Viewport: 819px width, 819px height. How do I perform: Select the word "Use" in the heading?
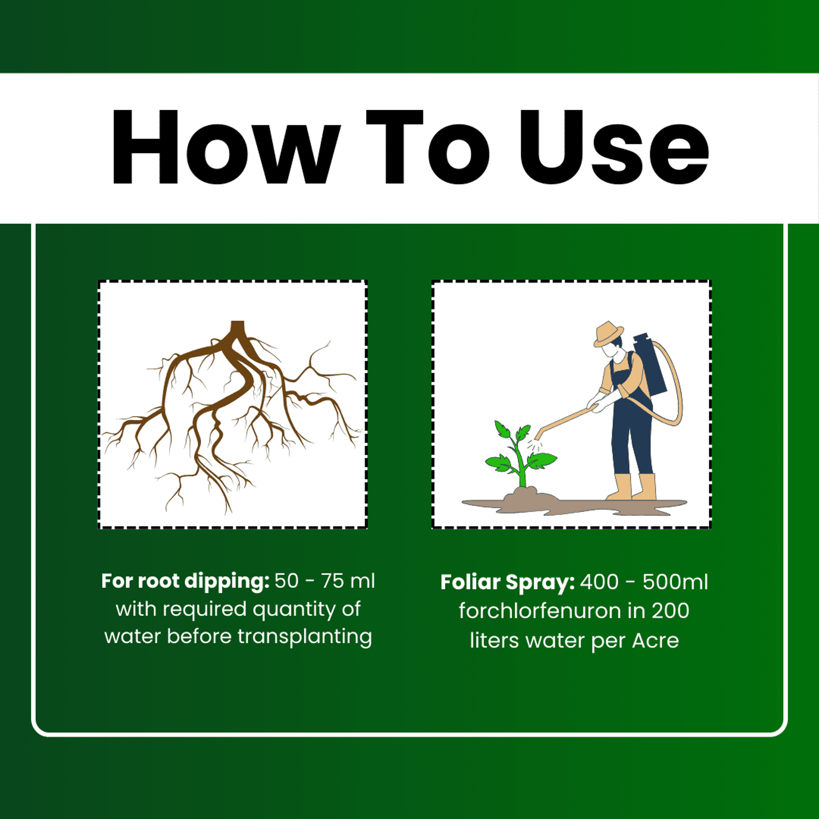click(x=614, y=148)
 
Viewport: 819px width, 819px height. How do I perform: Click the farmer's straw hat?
click(x=608, y=334)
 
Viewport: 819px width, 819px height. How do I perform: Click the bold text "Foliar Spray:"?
click(x=507, y=583)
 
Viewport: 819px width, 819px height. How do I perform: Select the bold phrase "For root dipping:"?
click(x=185, y=581)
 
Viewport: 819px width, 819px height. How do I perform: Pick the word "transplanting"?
click(x=304, y=637)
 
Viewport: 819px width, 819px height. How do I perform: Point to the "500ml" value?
click(x=675, y=582)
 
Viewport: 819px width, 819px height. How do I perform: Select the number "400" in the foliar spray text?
click(x=600, y=582)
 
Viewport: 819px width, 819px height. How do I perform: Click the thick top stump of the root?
click(x=237, y=328)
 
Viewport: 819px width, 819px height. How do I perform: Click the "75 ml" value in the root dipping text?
click(x=348, y=581)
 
